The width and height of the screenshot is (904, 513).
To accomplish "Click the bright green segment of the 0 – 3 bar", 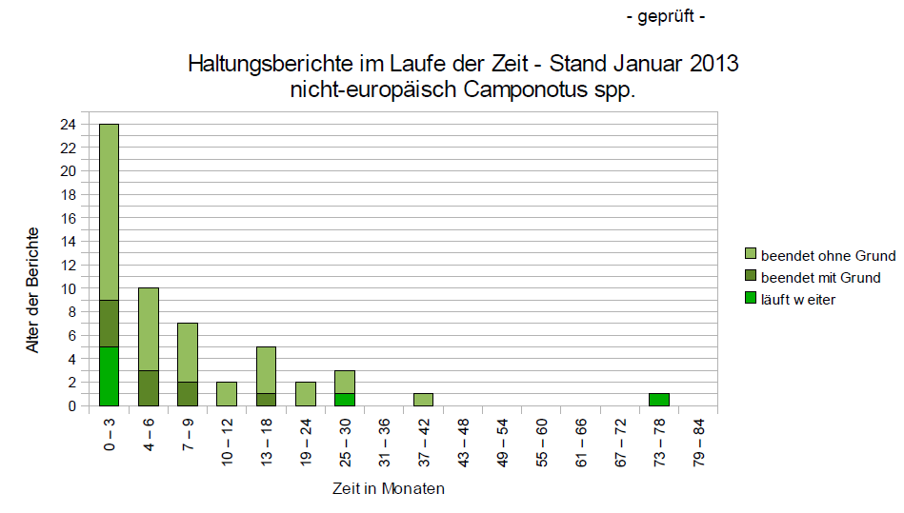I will pyautogui.click(x=109, y=377).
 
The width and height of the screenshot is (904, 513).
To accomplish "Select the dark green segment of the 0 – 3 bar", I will pyautogui.click(x=109, y=324).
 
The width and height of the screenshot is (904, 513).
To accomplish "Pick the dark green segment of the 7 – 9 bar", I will pyautogui.click(x=188, y=394).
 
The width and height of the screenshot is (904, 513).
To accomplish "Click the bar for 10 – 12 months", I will pyautogui.click(x=227, y=394).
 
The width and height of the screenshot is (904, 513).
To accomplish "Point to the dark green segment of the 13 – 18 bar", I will pyautogui.click(x=266, y=400).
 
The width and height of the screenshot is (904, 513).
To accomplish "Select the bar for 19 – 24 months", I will pyautogui.click(x=306, y=394).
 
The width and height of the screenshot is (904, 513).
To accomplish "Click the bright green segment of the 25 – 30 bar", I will pyautogui.click(x=345, y=400).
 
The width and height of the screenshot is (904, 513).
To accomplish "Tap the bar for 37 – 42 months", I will pyautogui.click(x=423, y=400).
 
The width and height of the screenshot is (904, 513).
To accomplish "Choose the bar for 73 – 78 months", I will pyautogui.click(x=659, y=400).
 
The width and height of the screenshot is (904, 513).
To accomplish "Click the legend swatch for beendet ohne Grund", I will pyautogui.click(x=751, y=255).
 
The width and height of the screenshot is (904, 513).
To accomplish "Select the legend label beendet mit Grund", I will pyautogui.click(x=820, y=277).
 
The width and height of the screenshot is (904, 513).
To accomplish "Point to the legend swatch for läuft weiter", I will pyautogui.click(x=751, y=299).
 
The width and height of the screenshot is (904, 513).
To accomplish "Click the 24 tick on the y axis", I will pyautogui.click(x=69, y=125).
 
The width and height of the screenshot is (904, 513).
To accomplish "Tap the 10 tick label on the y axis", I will pyautogui.click(x=69, y=288).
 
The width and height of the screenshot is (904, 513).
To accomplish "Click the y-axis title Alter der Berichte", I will pyautogui.click(x=32, y=290).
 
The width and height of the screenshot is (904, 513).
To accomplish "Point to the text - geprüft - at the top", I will pyautogui.click(x=666, y=17).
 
